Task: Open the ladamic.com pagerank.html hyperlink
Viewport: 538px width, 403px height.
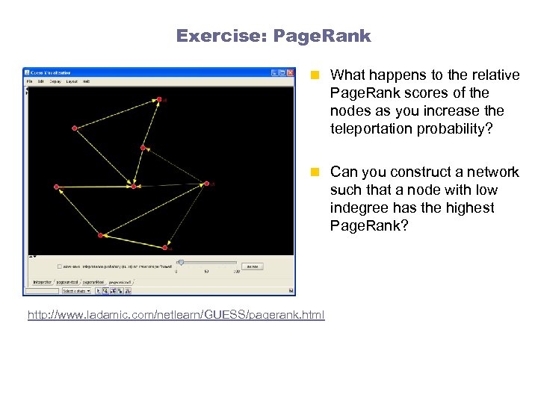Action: click(x=176, y=316)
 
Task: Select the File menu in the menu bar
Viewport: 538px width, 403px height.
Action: click(x=31, y=81)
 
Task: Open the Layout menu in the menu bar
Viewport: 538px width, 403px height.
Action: click(x=72, y=81)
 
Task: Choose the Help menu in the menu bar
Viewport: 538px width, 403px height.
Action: click(x=87, y=81)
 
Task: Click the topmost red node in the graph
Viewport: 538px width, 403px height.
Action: click(x=158, y=99)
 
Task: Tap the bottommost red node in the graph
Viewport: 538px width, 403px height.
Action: click(x=165, y=247)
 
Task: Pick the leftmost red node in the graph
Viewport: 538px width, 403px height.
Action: click(x=56, y=187)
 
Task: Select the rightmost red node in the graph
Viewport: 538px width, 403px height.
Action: click(x=207, y=183)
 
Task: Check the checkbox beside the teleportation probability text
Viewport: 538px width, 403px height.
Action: click(x=60, y=266)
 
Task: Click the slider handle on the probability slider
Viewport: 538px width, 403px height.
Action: click(x=181, y=263)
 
